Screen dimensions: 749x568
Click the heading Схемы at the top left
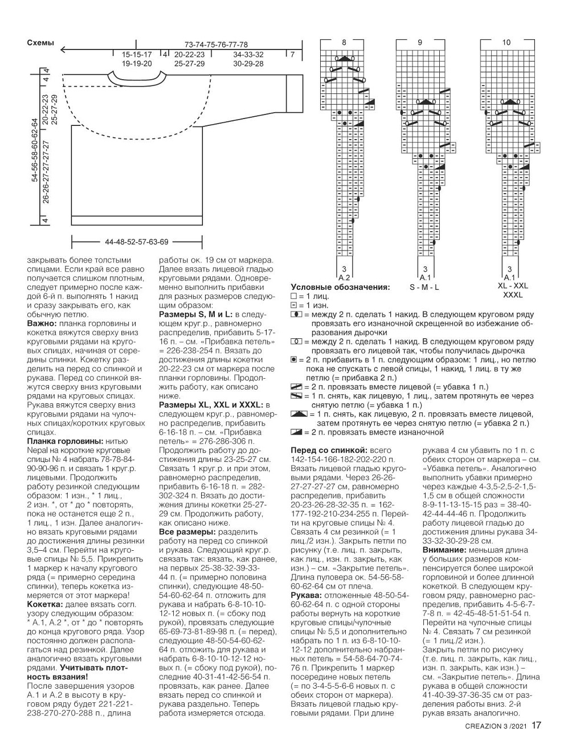40,43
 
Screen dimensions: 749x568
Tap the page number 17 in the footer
536,726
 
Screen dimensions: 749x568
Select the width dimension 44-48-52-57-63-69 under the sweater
137,242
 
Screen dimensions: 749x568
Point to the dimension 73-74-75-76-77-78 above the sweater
216,44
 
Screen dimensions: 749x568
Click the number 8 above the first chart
344,43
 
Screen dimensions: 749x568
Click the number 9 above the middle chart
420,43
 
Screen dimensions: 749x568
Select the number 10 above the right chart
506,43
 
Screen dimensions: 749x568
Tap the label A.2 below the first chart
344,277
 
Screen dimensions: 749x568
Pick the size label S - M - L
424,287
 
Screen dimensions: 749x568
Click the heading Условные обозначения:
340,287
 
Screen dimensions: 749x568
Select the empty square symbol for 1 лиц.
294,297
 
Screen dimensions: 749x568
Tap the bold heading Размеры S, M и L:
195,314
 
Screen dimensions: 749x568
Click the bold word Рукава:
307,595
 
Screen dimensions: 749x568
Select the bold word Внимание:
444,550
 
